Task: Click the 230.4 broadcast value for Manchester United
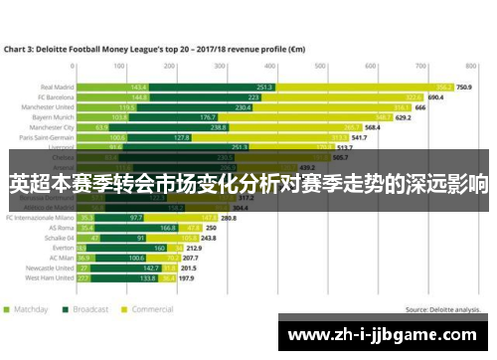coord(243,107)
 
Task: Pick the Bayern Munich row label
coord(54,117)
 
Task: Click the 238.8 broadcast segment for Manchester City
coord(246,128)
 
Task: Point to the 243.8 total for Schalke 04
coord(209,239)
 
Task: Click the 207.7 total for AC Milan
coord(191,258)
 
